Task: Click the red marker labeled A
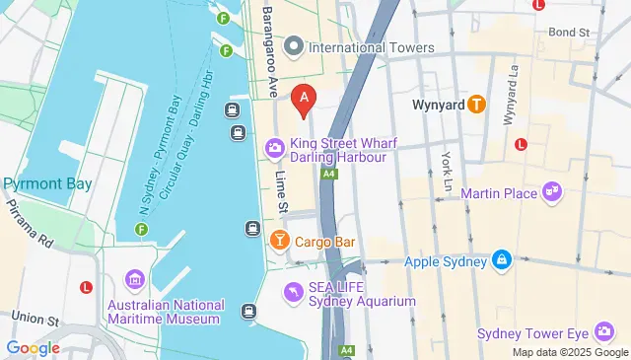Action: [x=305, y=98]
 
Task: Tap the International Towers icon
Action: [x=293, y=47]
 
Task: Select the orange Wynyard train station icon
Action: [x=476, y=103]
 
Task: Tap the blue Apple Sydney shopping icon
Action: [x=502, y=260]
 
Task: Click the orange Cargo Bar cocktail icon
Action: [x=279, y=241]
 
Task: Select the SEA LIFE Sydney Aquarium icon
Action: [x=293, y=293]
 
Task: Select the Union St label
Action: [x=36, y=320]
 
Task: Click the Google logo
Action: [x=33, y=347]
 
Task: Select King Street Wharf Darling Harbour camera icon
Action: [x=273, y=149]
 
